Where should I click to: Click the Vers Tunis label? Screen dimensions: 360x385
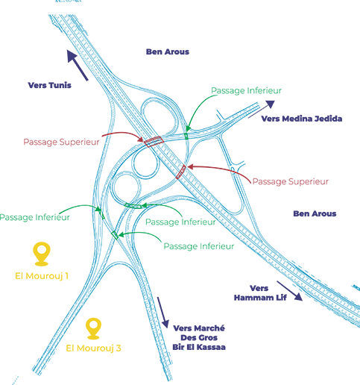point(49,85)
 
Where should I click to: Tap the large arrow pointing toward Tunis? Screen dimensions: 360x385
point(78,65)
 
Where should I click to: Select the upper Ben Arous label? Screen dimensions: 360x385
point(168,51)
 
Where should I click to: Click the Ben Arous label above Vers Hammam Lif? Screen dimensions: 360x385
point(315,213)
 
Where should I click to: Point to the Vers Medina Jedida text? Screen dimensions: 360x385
point(302,119)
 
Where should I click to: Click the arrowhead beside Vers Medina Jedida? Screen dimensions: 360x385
point(270,104)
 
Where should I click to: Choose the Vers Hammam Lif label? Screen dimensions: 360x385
point(260,293)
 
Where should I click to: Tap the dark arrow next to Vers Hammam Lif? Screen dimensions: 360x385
point(290,291)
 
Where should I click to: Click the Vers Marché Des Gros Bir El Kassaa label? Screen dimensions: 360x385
point(199,338)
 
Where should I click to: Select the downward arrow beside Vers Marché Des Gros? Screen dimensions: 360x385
point(163,313)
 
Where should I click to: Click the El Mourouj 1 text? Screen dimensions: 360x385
point(42,276)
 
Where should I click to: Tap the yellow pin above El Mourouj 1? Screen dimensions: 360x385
point(42,254)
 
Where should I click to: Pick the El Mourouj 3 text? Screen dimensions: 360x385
point(93,348)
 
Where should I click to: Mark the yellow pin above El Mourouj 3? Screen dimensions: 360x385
point(93,328)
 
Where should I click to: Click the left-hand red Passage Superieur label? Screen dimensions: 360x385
point(61,142)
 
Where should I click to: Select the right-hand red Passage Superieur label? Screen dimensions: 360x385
point(291,181)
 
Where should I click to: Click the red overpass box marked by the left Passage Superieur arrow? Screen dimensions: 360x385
point(154,142)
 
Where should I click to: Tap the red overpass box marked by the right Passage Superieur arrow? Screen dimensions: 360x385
point(180,172)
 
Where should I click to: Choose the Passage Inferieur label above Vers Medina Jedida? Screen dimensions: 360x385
point(246,90)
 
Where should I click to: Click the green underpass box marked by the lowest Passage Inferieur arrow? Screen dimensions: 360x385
point(115,235)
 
